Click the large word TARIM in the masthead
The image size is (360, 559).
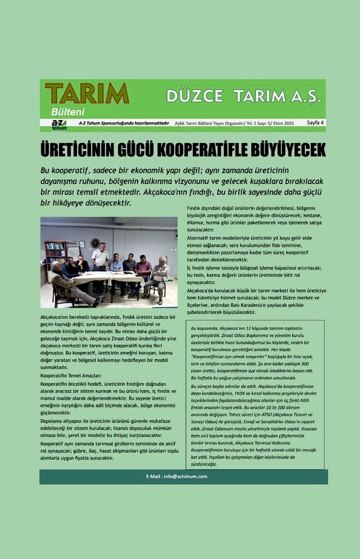[87, 93]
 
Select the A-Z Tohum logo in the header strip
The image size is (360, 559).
[58, 124]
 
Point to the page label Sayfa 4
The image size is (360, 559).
[315, 123]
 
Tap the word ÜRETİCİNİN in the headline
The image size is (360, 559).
[76, 149]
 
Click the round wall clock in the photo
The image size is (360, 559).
[95, 243]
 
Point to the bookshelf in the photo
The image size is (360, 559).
[55, 254]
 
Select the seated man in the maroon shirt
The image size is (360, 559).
[143, 267]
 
